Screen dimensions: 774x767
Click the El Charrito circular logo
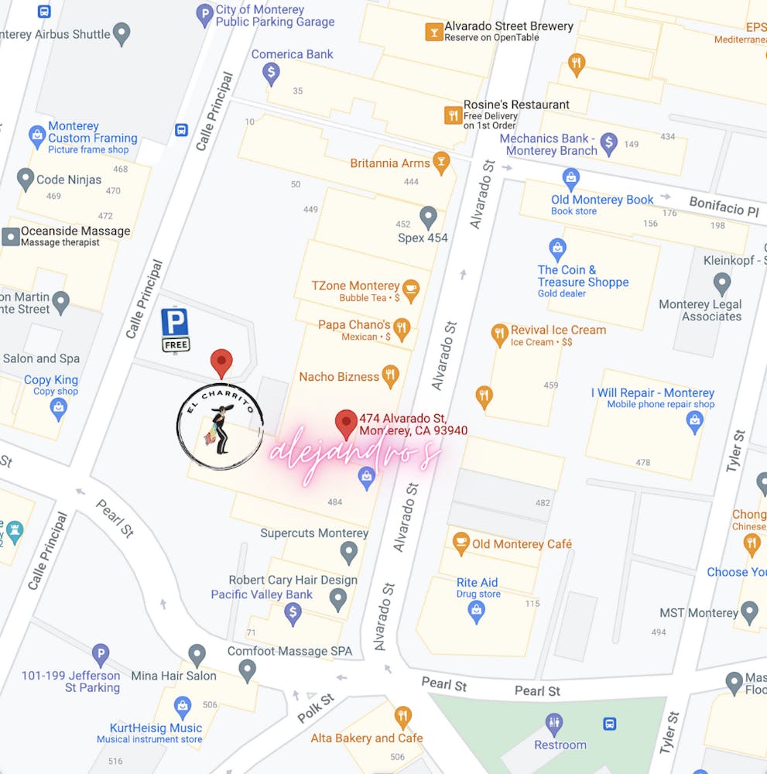pos(220,426)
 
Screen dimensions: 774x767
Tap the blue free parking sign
pos(175,329)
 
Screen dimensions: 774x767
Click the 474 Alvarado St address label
pos(413,425)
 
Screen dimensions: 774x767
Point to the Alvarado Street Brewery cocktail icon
pos(433,32)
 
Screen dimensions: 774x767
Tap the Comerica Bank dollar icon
pos(271,74)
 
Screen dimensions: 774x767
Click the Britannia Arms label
pos(390,163)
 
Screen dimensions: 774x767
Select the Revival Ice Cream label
pos(558,330)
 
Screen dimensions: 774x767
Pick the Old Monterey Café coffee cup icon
pos(461,543)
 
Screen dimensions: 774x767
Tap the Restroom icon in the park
pos(554,724)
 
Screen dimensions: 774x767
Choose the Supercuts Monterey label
pos(314,533)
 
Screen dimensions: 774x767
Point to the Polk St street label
pos(316,708)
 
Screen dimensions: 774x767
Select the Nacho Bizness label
pos(339,377)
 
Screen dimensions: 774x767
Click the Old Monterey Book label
pos(602,200)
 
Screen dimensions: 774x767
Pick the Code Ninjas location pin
pos(26,180)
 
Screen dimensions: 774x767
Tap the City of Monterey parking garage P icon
pos(204,15)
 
